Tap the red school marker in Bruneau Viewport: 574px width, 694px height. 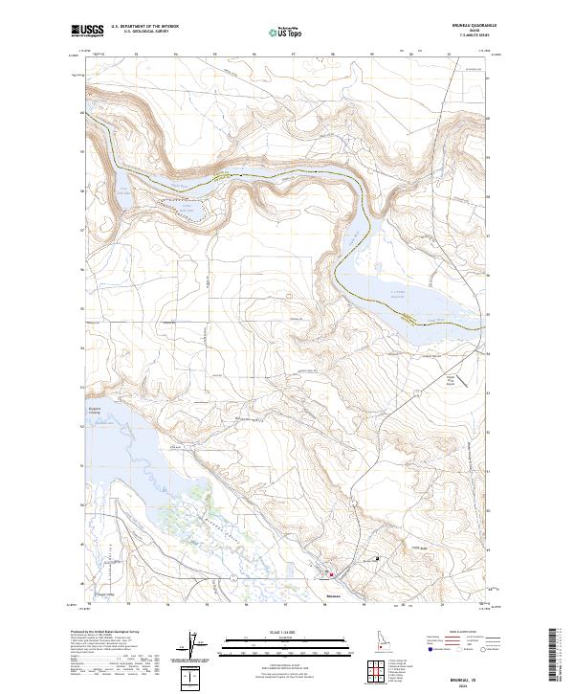331,575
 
